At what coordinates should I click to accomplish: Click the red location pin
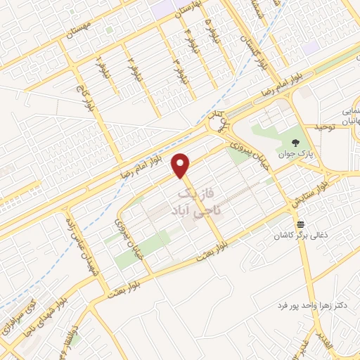[x=182, y=165]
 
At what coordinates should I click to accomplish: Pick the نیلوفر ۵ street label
[x=209, y=31]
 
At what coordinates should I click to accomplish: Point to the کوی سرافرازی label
[x=20, y=321]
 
